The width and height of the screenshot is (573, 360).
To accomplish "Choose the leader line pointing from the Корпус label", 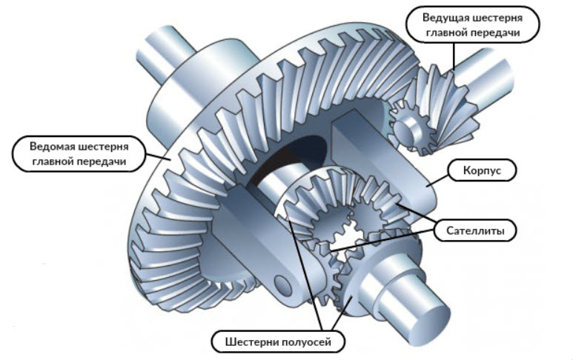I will [x=437, y=177].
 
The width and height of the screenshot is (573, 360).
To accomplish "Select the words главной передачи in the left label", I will [x=72, y=161].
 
